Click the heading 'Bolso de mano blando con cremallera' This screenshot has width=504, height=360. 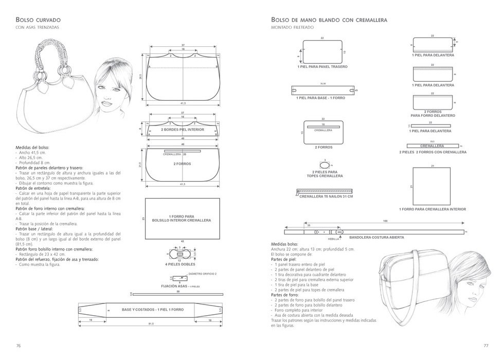click(x=329, y=20)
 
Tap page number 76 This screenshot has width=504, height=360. click(x=19, y=345)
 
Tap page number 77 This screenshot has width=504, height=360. click(x=485, y=345)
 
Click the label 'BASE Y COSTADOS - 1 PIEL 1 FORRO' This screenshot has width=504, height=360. click(x=152, y=310)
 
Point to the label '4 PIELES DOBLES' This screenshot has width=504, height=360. click(x=180, y=264)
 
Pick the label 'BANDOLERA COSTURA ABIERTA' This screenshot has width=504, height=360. click(x=376, y=237)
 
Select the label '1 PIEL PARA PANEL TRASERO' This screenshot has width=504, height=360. click(x=322, y=67)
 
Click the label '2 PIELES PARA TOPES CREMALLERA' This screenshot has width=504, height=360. click(x=325, y=174)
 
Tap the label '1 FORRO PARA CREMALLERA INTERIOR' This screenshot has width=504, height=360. click(x=433, y=209)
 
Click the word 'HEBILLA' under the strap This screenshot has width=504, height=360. click(x=327, y=239)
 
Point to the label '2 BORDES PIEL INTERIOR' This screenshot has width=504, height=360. click(x=183, y=130)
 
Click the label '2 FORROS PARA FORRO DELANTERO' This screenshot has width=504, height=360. click(x=433, y=114)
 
